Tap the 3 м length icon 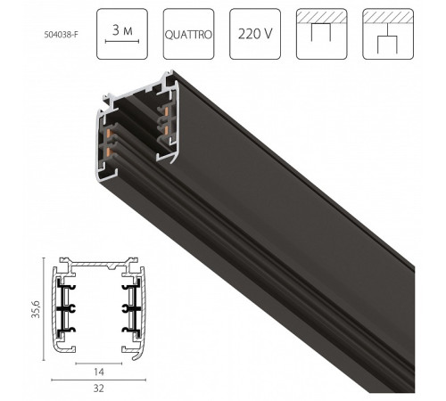tap(120, 34)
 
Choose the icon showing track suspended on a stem tap(387, 34)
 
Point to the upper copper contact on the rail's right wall tap(165, 117)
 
